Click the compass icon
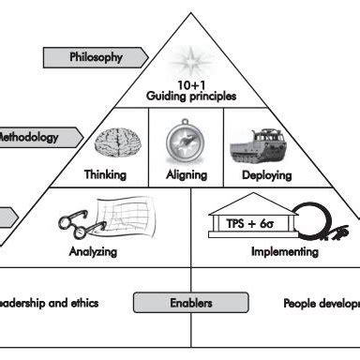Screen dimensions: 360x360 tap(182, 142)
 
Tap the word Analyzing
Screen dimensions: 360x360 tap(93, 252)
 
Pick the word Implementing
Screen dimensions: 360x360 tap(285, 252)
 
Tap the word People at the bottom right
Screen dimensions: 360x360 tap(300, 303)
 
